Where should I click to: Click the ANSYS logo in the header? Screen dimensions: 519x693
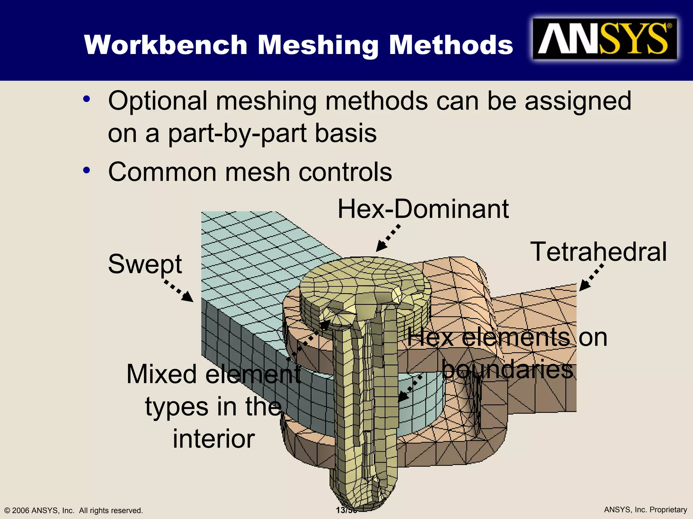click(605, 39)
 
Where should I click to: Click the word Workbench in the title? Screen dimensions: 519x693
click(166, 45)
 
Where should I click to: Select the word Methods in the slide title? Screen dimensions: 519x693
click(451, 45)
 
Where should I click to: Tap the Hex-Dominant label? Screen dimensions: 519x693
click(423, 209)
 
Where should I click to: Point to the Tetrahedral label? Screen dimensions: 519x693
click(598, 252)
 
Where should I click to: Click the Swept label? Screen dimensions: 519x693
click(145, 264)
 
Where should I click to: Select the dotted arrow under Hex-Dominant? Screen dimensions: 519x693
click(388, 238)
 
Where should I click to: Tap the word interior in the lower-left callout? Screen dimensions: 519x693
click(214, 439)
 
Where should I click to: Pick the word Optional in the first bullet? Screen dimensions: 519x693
click(158, 101)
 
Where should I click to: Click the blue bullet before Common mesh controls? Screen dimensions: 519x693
click(87, 170)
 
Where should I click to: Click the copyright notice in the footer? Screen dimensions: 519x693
click(73, 510)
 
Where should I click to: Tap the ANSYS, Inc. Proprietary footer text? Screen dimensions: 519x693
click(645, 510)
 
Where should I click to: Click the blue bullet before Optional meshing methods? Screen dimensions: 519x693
click(87, 99)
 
